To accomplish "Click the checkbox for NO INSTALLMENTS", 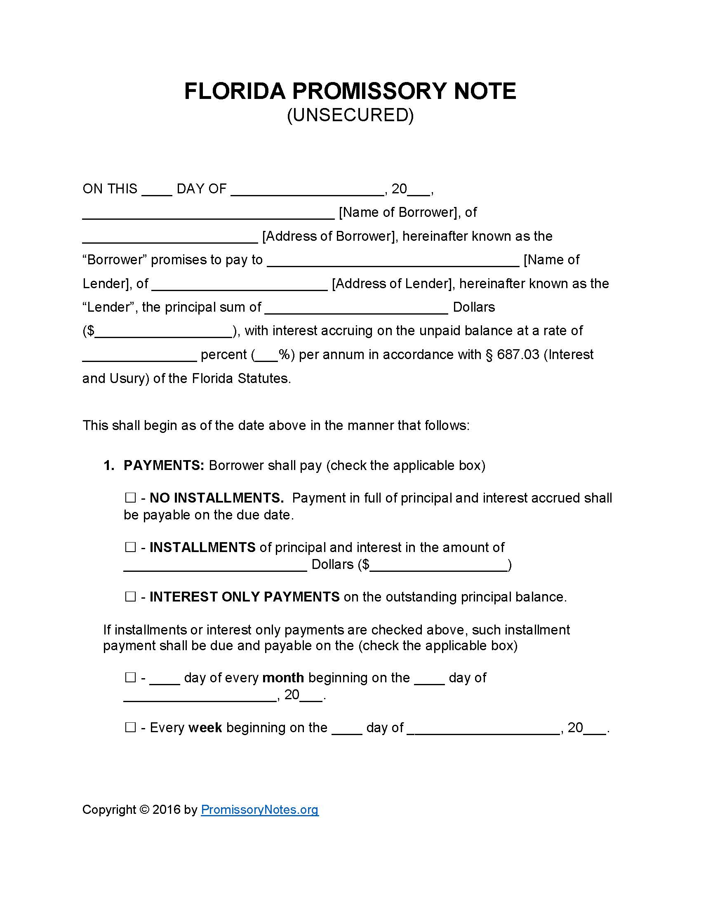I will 130,498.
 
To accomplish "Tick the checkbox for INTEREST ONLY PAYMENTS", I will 130,597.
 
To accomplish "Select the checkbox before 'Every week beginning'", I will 130,727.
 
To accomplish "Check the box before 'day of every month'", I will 130,678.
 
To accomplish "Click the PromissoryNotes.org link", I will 259,809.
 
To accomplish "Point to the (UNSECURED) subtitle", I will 350,115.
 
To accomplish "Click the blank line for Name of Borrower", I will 208,215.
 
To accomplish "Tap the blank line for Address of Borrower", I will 170,239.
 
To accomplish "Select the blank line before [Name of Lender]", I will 393,263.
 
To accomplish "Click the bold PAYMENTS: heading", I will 164,465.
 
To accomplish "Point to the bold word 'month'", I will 283,678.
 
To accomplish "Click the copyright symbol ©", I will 144,809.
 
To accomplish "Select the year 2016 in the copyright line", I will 166,809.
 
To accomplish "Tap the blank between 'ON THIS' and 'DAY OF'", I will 157,191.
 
